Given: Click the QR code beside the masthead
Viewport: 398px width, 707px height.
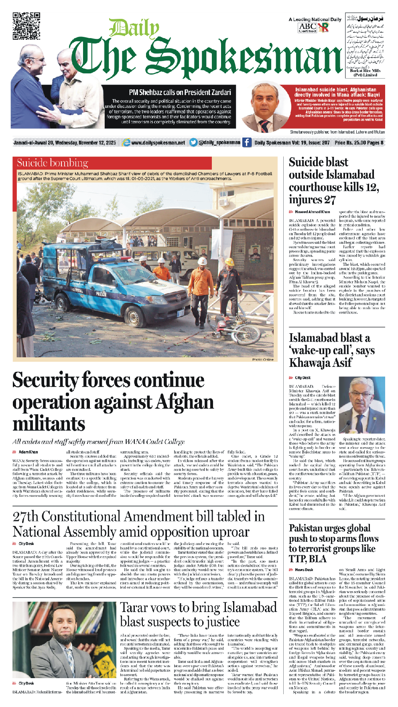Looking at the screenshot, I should (26, 26).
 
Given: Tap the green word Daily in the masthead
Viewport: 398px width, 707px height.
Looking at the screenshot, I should (134, 29).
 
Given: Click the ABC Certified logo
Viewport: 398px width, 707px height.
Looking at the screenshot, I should (307, 28).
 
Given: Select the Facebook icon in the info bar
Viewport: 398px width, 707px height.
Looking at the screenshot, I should (246, 142).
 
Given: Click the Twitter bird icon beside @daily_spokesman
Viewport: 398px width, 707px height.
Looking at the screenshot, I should (193, 142).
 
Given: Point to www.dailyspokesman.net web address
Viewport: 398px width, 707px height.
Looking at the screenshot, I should (158, 142).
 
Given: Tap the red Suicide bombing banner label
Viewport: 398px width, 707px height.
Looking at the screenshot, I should (53, 163).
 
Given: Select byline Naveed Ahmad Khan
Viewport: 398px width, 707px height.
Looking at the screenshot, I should (312, 212).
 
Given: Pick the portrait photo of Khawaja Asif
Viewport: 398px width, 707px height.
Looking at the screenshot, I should (362, 405).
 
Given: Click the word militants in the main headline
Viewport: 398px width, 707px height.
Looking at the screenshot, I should (49, 424).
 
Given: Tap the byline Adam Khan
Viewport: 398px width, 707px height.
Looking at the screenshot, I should (28, 452).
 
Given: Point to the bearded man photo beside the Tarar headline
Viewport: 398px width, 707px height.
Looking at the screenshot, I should (64, 643).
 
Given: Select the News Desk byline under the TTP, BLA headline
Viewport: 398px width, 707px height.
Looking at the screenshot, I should (304, 570).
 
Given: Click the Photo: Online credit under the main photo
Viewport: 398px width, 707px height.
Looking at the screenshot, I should (263, 360).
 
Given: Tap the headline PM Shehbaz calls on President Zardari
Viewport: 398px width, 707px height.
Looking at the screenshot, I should (180, 92).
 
